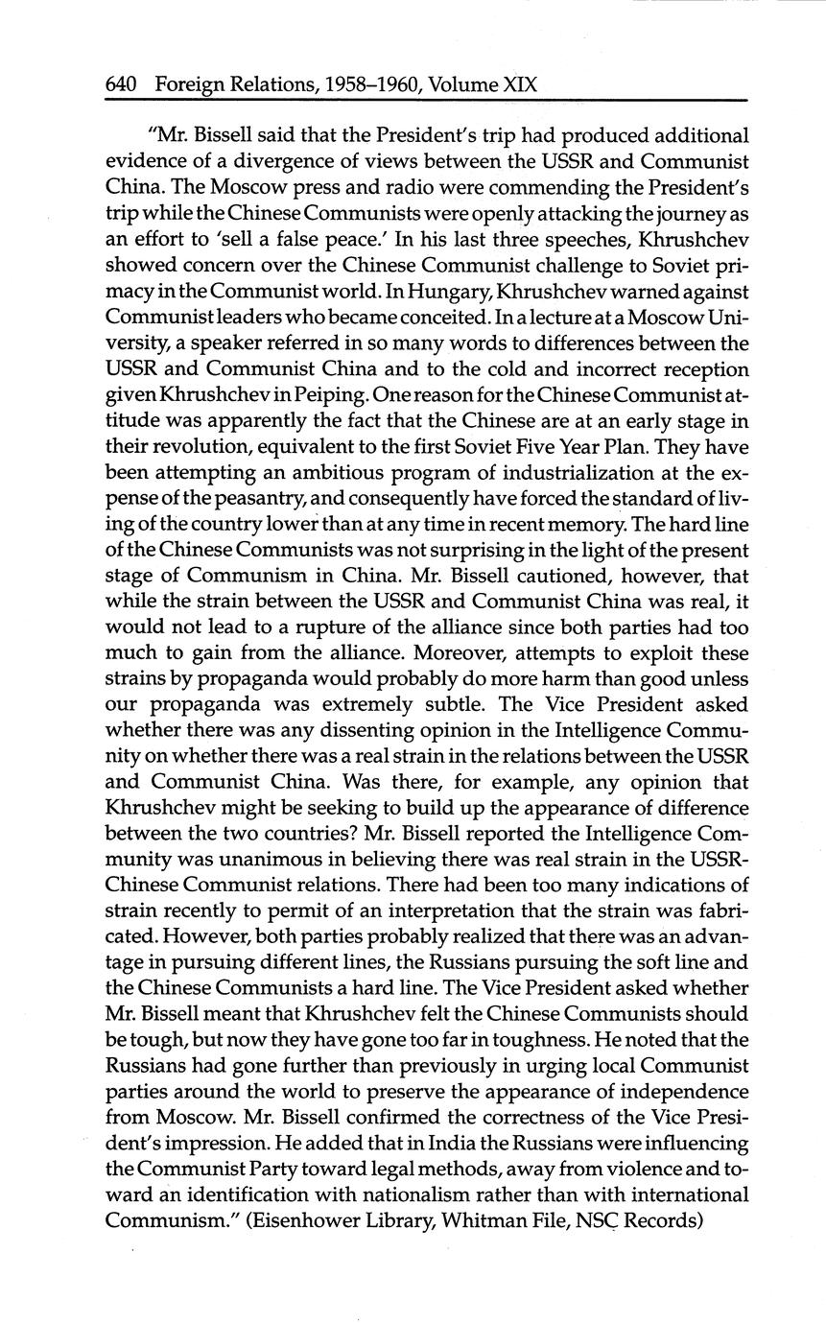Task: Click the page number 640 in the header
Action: tap(121, 85)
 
